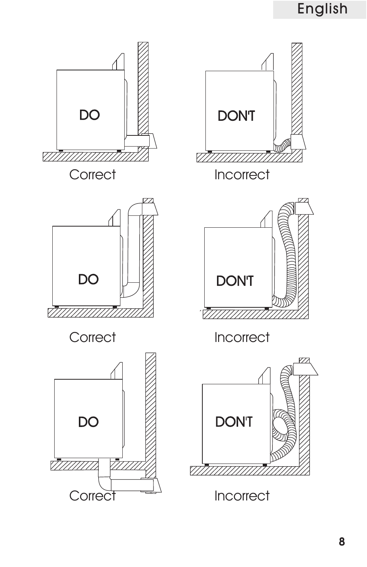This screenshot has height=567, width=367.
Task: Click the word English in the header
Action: [x=322, y=9]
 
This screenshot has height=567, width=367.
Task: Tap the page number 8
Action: [x=342, y=542]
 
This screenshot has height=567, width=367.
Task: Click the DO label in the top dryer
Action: [x=90, y=115]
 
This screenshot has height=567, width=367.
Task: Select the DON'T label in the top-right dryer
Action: [x=237, y=116]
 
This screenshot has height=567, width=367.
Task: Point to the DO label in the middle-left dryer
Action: [x=88, y=279]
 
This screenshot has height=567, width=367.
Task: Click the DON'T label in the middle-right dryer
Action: [x=235, y=281]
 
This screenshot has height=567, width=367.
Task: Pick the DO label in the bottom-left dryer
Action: [x=88, y=422]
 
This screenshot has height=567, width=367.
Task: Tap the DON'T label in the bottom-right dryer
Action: [x=234, y=422]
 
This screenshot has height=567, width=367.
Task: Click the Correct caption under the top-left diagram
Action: [x=93, y=175]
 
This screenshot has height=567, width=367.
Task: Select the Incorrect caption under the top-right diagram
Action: [x=242, y=175]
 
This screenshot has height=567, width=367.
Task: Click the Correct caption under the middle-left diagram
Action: [x=93, y=337]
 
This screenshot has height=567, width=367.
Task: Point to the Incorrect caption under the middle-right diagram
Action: [x=242, y=337]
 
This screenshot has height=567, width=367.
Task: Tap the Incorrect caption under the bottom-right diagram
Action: [x=242, y=496]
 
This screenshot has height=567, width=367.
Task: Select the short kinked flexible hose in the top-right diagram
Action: [x=282, y=146]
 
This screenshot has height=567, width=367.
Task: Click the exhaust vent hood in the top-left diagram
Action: [x=150, y=141]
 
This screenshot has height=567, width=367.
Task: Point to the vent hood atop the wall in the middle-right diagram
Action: [x=304, y=208]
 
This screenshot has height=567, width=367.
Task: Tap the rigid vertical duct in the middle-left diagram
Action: [x=133, y=249]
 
